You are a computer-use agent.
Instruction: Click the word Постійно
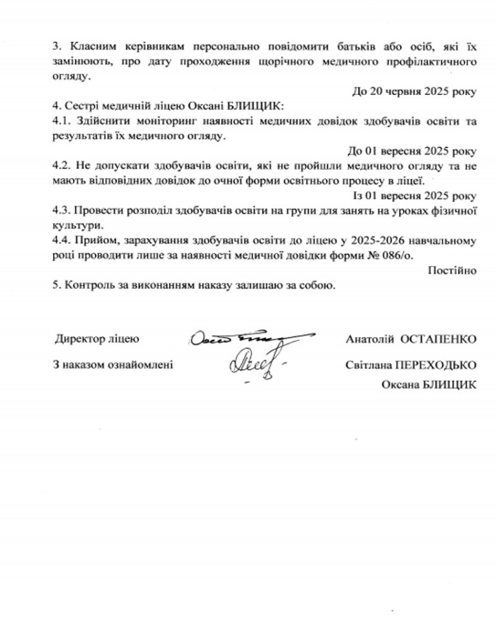tap(452, 271)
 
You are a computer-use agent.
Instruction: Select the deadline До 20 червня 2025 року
tap(414, 91)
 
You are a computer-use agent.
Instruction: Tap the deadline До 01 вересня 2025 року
tap(412, 151)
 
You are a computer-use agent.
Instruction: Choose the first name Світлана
tap(366, 364)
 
